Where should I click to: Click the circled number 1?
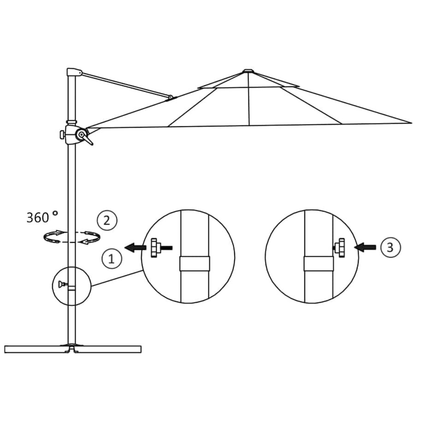pos(111,259)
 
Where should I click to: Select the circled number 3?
pos(390,247)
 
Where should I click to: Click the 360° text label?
pos(42,217)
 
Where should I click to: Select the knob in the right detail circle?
pos(341,247)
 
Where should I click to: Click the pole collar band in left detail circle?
pos(194,263)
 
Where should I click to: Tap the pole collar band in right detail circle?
pos(318,263)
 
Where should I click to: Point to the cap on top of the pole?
pos(74,72)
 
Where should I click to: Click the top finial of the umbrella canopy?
pos(248,71)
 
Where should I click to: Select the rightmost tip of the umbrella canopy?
pos(410,123)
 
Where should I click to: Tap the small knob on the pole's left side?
pos(62,135)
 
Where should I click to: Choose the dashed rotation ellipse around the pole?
pos(71,237)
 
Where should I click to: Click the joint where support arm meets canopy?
pos(171,97)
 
